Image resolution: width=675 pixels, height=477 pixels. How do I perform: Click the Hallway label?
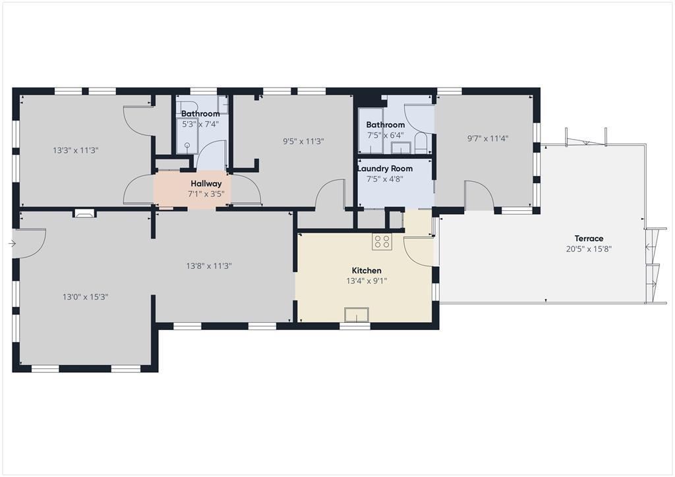pos(206,184)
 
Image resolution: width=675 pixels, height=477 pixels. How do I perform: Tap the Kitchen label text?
pos(367,271)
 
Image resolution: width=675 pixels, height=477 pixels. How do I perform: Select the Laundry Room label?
pos(385,169)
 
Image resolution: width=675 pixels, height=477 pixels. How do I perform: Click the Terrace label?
pos(589,238)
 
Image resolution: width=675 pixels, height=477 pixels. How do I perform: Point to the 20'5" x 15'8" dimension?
pos(589,248)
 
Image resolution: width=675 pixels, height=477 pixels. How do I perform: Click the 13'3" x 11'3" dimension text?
pos(76,150)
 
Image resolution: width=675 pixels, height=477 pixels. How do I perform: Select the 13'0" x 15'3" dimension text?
pos(85,296)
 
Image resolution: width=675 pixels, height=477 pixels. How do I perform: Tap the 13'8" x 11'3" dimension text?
pos(209,266)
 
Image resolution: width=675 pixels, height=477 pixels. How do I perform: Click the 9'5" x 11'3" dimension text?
pos(303,141)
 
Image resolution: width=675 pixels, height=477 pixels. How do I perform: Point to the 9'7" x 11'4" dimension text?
pos(488,138)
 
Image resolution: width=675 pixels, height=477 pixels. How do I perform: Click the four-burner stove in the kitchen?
pos(382,241)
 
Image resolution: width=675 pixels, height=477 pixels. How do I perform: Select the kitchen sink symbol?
pos(357,315)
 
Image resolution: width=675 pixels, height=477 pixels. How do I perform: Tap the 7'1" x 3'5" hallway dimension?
pos(206,194)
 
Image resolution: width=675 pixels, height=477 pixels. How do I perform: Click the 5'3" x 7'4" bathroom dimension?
pos(200,125)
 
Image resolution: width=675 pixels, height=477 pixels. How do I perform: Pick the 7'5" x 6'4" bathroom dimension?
pos(385,135)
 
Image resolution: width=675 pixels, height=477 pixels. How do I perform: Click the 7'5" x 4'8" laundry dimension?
pos(385,179)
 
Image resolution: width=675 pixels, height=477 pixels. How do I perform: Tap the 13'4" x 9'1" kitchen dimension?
pos(367,281)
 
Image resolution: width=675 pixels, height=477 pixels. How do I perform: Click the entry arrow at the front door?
pos(12,244)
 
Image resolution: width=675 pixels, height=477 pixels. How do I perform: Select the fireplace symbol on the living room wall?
pos(84,213)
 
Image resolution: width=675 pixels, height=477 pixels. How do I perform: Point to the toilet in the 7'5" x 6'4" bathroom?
pos(421,143)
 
